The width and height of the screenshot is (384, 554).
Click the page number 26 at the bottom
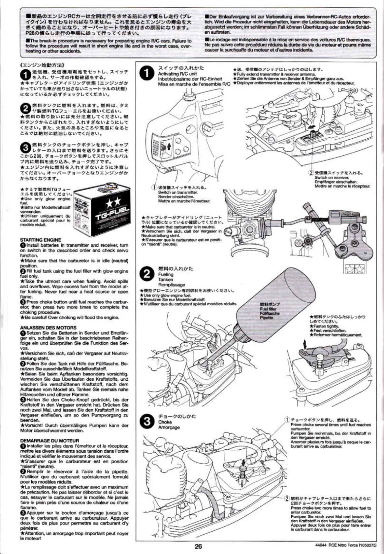(198, 546)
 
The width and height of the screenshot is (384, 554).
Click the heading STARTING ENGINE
(40, 240)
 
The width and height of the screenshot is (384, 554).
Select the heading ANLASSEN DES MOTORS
(48, 328)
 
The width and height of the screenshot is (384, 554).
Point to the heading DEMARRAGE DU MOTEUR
(49, 441)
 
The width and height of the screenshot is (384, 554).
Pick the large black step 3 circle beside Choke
(147, 422)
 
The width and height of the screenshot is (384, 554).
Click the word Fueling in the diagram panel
(166, 274)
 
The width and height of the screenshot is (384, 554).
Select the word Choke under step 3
(165, 422)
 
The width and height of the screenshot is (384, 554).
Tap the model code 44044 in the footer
(318, 545)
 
